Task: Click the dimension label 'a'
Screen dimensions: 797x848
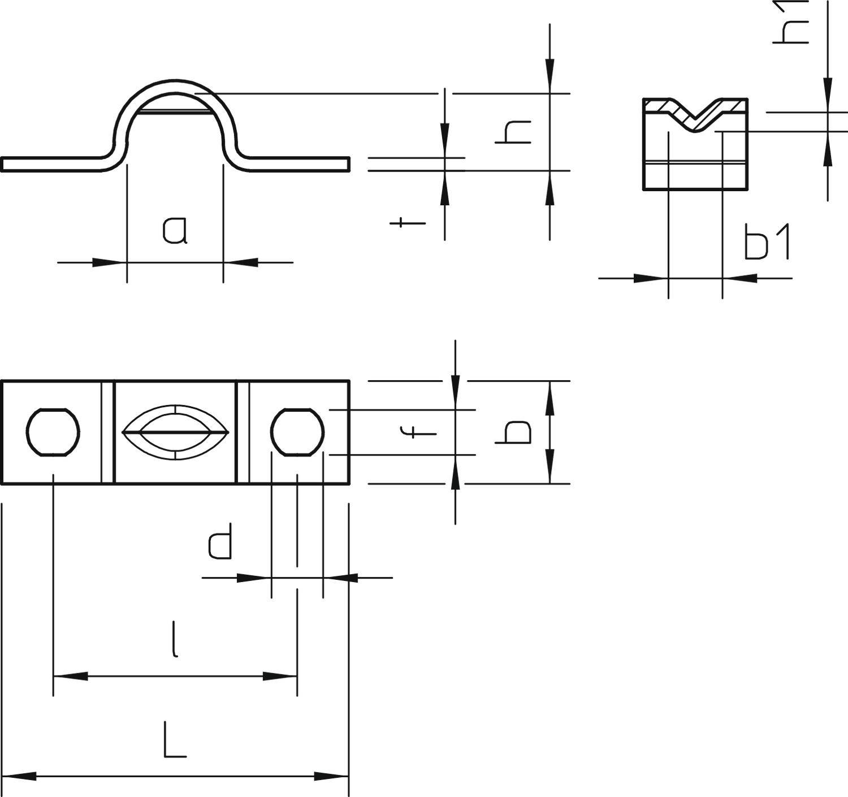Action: (x=174, y=231)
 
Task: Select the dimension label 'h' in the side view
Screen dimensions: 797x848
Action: (x=513, y=132)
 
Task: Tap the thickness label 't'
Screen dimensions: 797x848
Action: (x=407, y=222)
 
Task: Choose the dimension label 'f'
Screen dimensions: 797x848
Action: (x=418, y=432)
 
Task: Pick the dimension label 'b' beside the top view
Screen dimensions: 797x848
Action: (x=513, y=432)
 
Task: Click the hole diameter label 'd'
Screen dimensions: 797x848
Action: (x=220, y=541)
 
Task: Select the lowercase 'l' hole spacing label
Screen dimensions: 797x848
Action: (x=176, y=639)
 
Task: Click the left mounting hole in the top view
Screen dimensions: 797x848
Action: (x=53, y=432)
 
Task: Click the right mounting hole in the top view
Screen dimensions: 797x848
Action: (x=297, y=432)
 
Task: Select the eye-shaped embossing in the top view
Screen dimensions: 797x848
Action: (x=175, y=433)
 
